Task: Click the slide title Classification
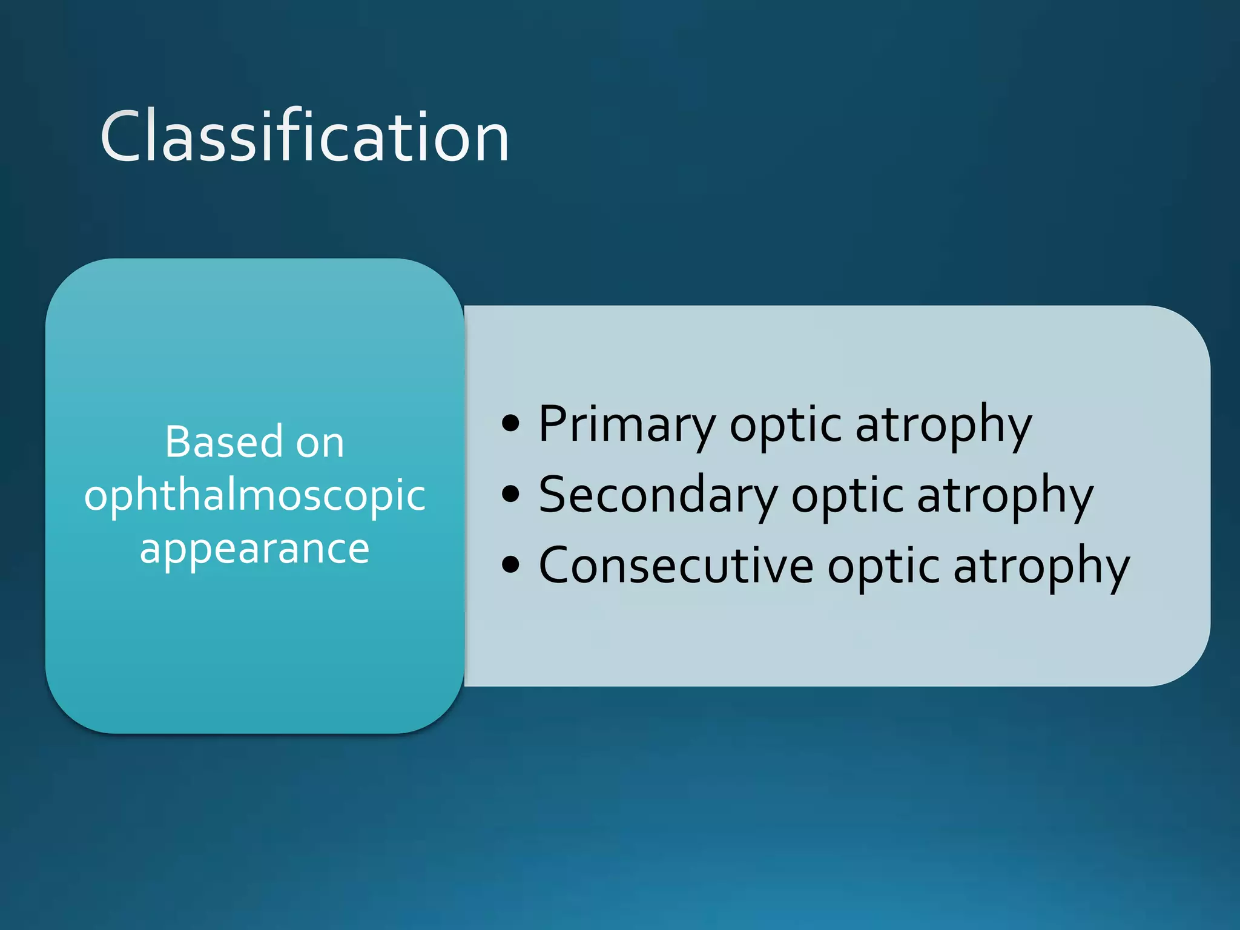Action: [305, 137]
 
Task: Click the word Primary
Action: [627, 425]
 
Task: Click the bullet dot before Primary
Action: [511, 424]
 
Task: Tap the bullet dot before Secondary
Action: [511, 494]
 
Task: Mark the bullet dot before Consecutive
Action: [511, 565]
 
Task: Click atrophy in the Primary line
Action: [943, 425]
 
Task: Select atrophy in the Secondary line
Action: [1005, 495]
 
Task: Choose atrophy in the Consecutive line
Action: [1041, 566]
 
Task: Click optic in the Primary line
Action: [785, 425]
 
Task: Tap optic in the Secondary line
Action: [847, 495]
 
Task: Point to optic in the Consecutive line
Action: [883, 566]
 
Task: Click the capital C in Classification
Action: [123, 137]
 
